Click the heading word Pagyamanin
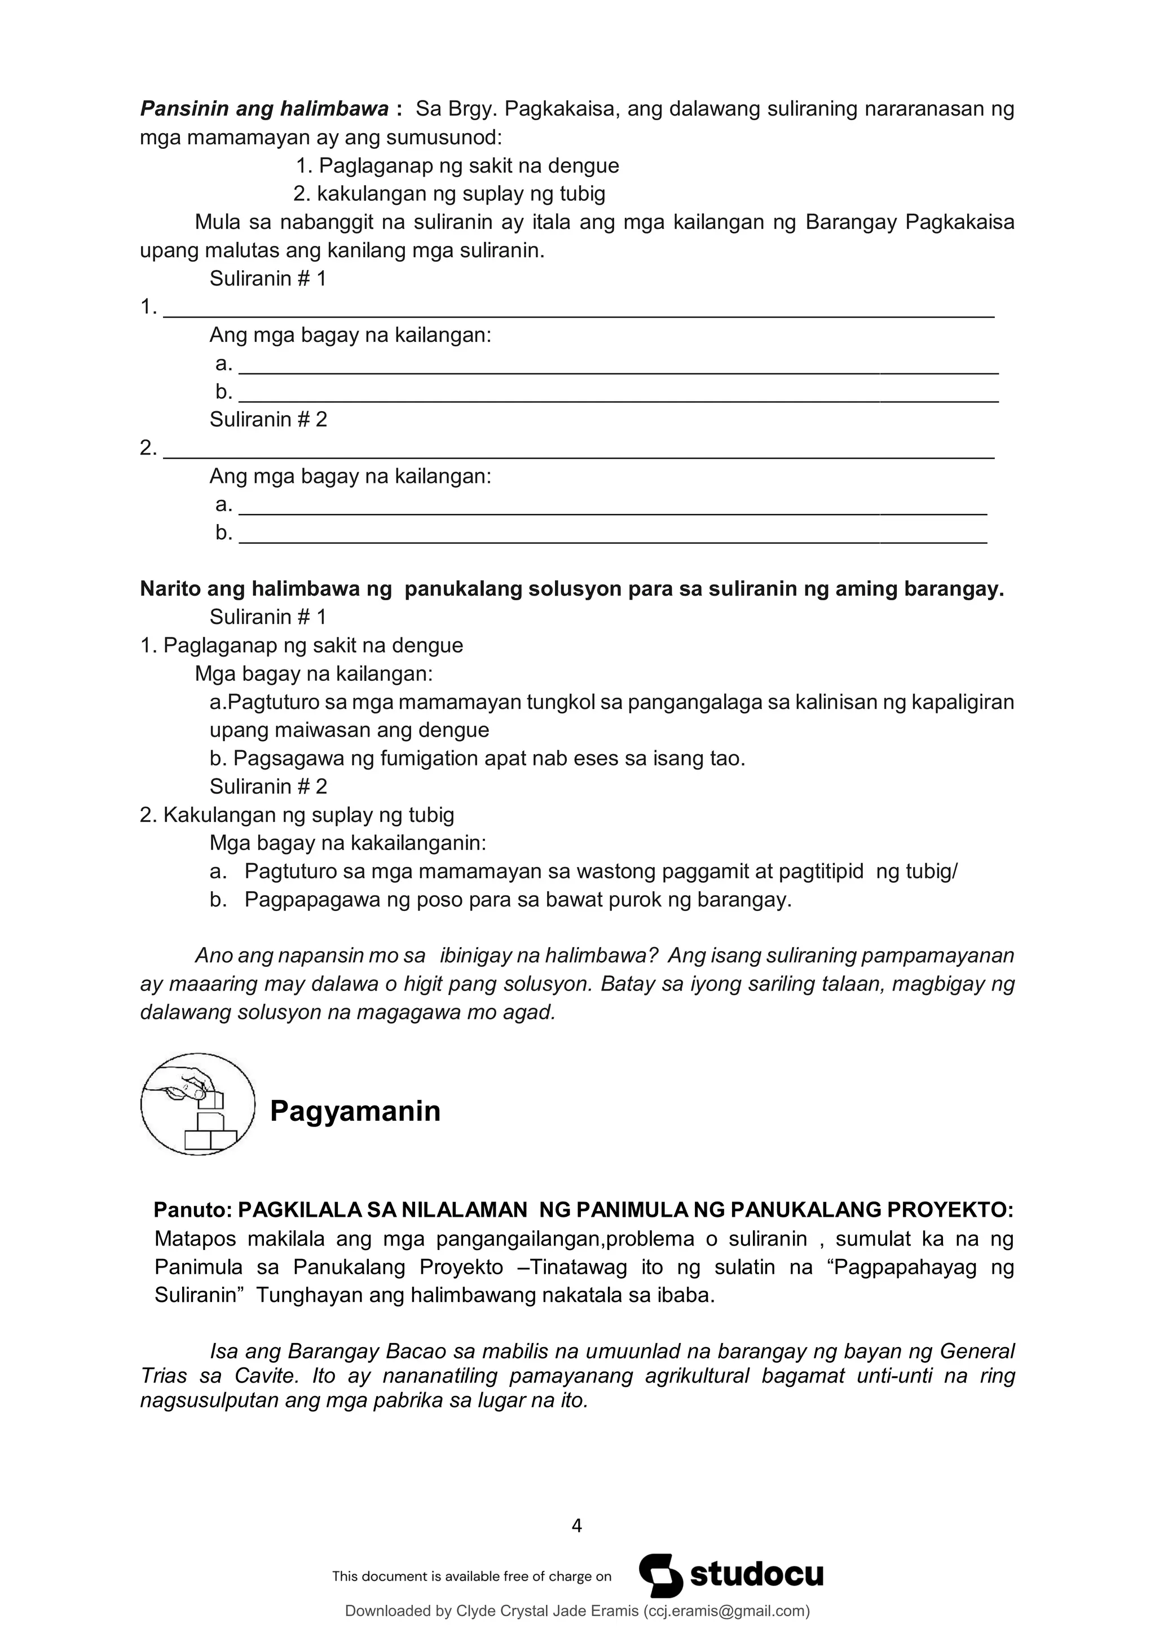(x=355, y=1111)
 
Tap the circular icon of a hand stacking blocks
(x=198, y=1104)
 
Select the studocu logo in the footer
(x=731, y=1575)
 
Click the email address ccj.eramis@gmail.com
(x=726, y=1611)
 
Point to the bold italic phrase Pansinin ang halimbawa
(x=264, y=109)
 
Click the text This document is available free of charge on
(x=471, y=1576)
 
